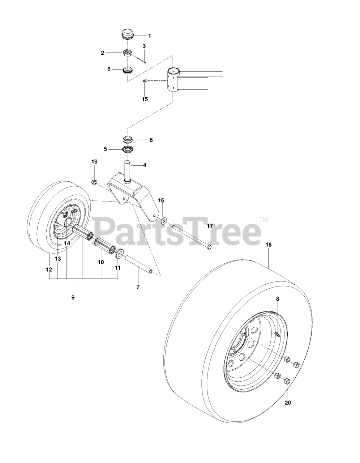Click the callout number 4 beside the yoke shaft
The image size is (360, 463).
tap(145, 155)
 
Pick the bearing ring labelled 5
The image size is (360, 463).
tap(127, 149)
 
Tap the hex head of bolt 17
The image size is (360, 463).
tap(210, 247)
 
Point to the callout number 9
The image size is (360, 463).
tap(73, 297)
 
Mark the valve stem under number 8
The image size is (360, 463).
tap(278, 335)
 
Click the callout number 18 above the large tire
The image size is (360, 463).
tap(268, 245)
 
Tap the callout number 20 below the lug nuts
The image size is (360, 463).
tap(288, 402)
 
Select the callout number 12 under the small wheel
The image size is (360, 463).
tap(49, 269)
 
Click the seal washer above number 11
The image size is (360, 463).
tap(119, 254)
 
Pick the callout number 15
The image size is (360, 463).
tap(145, 99)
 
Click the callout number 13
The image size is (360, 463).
tap(58, 259)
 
